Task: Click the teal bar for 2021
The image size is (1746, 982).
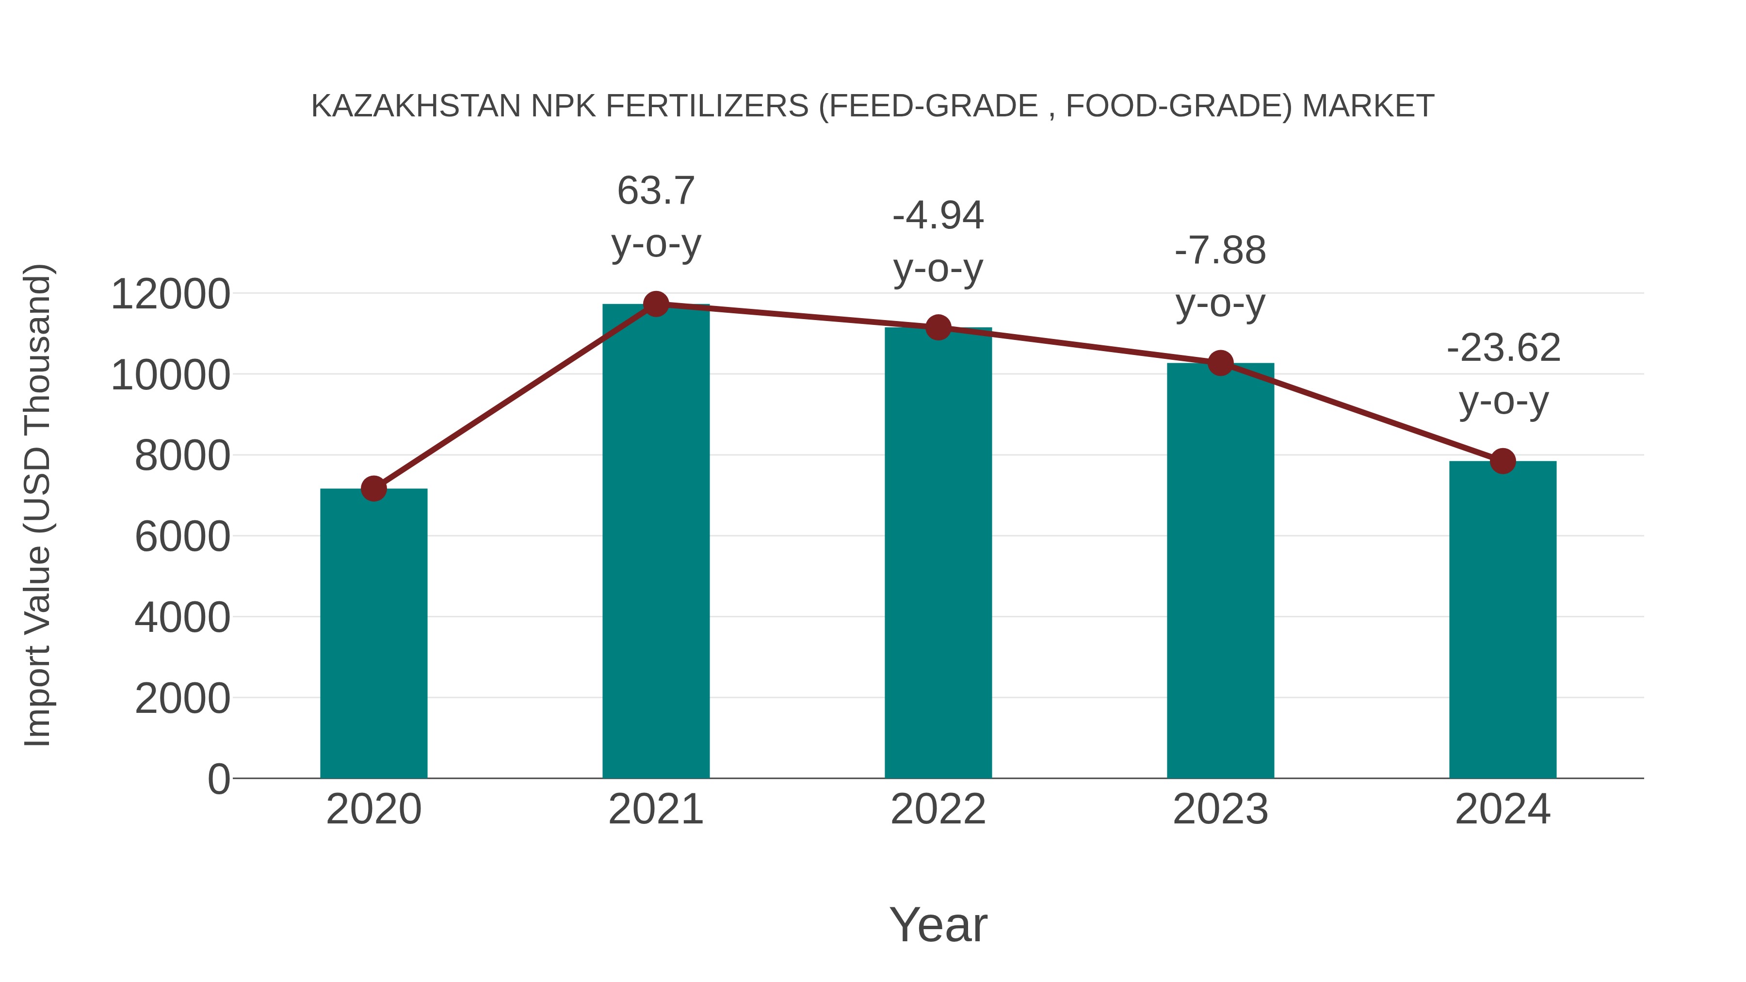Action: click(655, 542)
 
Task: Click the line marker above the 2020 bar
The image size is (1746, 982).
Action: click(373, 488)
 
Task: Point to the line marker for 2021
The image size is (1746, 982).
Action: click(655, 304)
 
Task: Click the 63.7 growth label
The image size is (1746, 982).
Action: click(655, 191)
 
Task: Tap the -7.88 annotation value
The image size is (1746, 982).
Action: click(1220, 251)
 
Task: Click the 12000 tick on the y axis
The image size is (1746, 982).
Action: click(170, 294)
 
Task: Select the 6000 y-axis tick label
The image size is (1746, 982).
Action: click(182, 537)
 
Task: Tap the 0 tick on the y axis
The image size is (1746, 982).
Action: click(219, 779)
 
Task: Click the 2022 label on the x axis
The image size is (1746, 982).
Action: click(938, 809)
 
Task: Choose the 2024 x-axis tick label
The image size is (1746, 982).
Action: click(1503, 809)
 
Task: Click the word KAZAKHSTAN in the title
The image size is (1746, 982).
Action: click(416, 106)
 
